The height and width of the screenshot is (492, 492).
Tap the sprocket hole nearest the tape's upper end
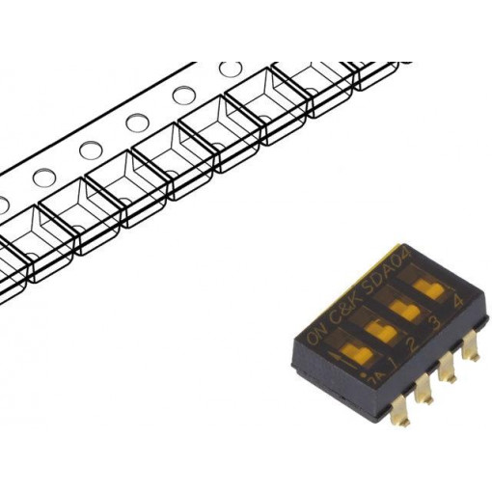(x=230, y=69)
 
